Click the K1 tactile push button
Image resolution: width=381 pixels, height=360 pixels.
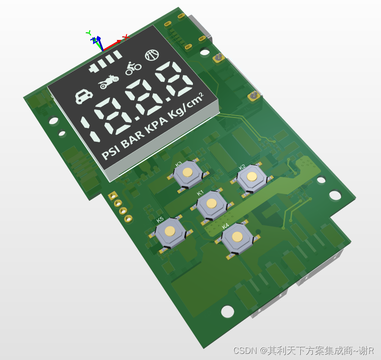(x=211, y=205)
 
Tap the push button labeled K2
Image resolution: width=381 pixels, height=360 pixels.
(x=251, y=178)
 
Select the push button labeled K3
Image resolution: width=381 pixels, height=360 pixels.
(x=188, y=174)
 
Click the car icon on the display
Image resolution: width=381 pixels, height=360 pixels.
(x=84, y=96)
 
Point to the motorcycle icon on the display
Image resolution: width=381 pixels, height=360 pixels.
(x=108, y=81)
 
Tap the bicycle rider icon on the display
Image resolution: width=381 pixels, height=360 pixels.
(x=133, y=68)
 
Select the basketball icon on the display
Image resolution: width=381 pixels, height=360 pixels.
(x=152, y=55)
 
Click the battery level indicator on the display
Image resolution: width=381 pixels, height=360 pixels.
(x=105, y=61)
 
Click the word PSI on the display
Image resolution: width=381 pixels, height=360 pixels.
(x=111, y=152)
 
